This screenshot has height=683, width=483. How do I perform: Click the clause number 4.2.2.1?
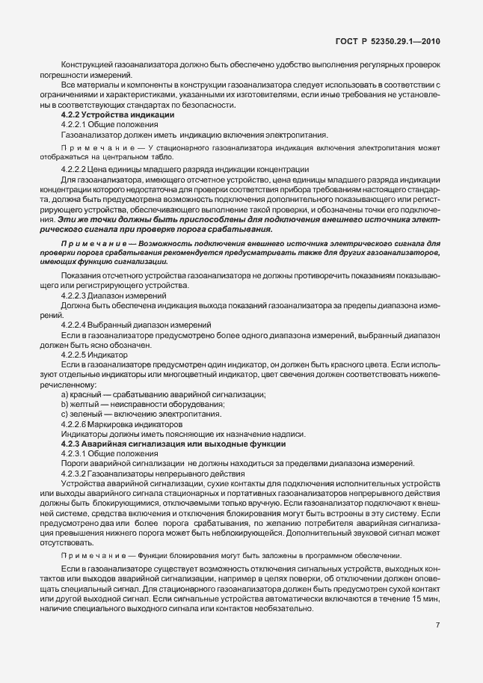[x=78, y=124]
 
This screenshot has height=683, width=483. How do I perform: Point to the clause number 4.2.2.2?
[x=78, y=169]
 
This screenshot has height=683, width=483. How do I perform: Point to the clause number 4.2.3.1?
[x=78, y=453]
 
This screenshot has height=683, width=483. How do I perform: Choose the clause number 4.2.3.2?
[x=78, y=473]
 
